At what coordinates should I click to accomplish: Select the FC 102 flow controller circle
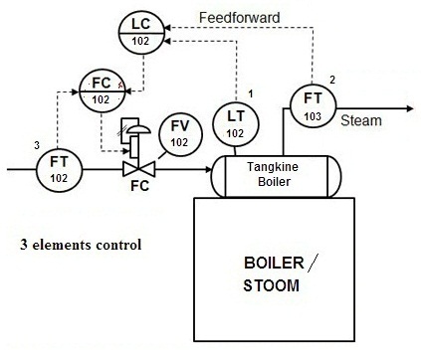pyautogui.click(x=101, y=90)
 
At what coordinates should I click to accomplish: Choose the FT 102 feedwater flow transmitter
pyautogui.click(x=57, y=169)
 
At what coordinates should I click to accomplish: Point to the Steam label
pyautogui.click(x=360, y=120)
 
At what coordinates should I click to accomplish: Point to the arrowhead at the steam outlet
pyautogui.click(x=407, y=107)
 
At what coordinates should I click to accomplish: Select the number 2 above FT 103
pyautogui.click(x=332, y=79)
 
